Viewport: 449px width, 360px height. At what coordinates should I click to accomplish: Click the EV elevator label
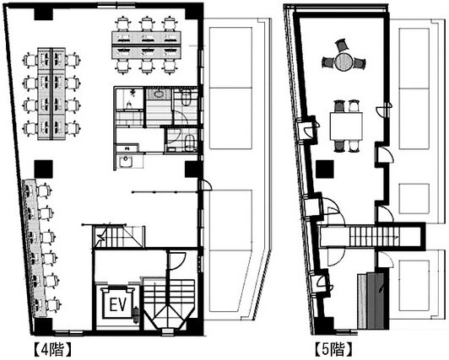tap(117, 304)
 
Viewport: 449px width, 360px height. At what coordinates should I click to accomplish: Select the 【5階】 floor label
tap(333, 349)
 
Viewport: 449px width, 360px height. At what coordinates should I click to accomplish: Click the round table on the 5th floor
tap(343, 62)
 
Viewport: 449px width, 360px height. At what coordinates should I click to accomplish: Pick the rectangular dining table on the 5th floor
tap(346, 126)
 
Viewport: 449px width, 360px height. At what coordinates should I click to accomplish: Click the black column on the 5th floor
tap(325, 169)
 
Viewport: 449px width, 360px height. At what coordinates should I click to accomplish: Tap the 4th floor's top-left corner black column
tap(43, 14)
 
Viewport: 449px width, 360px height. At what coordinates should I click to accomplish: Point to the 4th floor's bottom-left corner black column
tap(43, 325)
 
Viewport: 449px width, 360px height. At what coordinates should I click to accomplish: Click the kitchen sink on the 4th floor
tap(125, 161)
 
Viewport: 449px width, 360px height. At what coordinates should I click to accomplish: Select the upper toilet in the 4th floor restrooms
tap(187, 98)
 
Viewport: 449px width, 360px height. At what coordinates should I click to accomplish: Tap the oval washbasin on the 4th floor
tap(158, 94)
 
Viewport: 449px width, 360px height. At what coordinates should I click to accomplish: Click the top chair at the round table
tap(341, 46)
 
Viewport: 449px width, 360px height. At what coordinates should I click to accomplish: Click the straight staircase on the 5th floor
tap(373, 236)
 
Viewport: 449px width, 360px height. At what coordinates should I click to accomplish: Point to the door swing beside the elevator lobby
tap(176, 261)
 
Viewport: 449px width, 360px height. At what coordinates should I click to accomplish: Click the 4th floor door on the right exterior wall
tap(205, 185)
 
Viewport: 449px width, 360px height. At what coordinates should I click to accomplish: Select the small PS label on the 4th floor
tap(127, 148)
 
